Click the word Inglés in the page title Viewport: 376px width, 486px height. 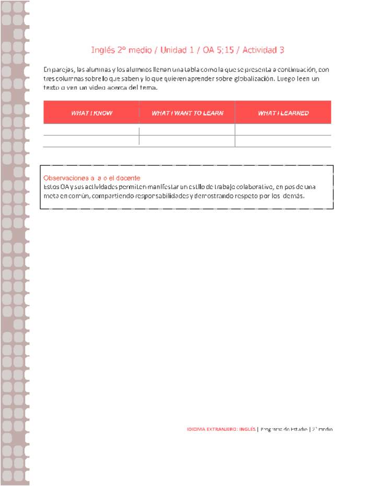coord(103,50)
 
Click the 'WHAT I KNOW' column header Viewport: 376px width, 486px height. coord(91,113)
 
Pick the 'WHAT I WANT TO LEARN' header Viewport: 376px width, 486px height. coord(187,113)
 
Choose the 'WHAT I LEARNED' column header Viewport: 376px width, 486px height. coord(283,113)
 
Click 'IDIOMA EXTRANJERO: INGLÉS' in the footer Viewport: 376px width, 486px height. coord(221,429)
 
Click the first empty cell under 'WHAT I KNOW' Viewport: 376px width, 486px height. coord(91,130)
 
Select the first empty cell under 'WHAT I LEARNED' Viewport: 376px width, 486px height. coord(283,130)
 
